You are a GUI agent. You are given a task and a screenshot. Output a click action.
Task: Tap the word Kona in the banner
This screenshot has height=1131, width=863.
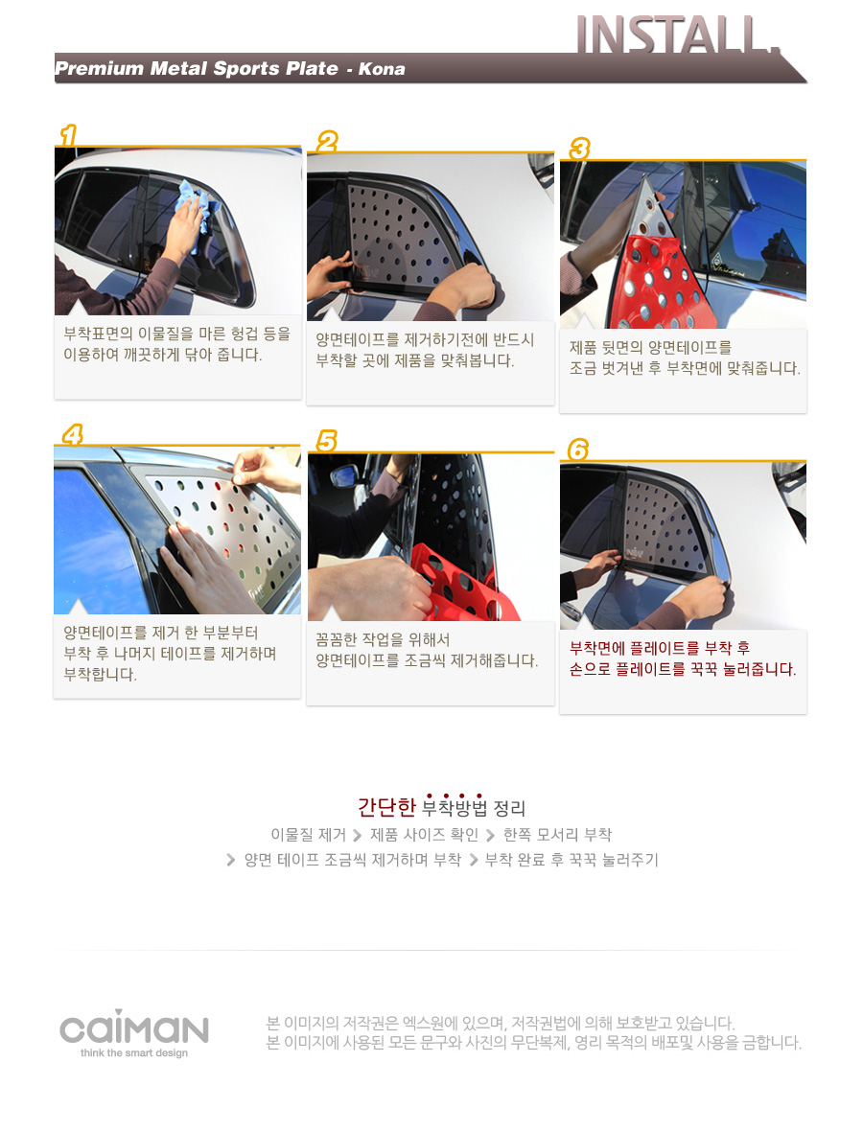click(382, 68)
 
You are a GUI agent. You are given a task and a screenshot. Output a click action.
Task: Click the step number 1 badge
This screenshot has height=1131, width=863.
click(68, 135)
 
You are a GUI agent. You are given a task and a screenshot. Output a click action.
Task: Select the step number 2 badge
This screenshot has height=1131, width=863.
click(327, 142)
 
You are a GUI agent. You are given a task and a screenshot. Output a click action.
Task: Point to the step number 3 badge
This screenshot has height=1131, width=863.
click(579, 149)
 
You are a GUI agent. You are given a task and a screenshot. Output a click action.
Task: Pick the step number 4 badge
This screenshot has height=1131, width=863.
click(72, 434)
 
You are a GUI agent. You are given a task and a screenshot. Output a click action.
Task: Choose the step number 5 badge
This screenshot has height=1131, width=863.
click(327, 441)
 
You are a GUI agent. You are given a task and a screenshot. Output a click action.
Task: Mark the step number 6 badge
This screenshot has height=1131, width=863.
click(578, 450)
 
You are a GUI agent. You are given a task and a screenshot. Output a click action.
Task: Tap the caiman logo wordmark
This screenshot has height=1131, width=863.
click(134, 1027)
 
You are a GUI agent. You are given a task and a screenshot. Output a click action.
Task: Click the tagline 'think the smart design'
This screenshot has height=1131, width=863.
click(134, 1053)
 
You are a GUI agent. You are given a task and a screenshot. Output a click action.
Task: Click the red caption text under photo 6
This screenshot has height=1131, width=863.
click(683, 658)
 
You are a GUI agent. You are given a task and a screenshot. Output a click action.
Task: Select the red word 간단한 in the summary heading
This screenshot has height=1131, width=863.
click(386, 806)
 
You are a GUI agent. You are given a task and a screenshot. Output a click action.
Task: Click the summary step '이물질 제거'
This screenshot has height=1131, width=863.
click(308, 835)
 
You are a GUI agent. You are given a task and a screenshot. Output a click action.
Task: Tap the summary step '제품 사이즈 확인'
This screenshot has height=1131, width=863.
click(424, 835)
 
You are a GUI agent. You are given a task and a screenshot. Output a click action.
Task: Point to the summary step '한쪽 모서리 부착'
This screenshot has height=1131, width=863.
click(557, 835)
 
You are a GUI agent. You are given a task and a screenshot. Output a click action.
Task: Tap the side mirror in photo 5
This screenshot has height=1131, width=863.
click(343, 477)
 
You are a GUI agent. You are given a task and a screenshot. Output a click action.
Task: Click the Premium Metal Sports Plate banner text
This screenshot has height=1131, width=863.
click(197, 68)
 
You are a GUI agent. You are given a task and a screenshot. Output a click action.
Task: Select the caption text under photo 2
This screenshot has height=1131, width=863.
click(425, 350)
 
